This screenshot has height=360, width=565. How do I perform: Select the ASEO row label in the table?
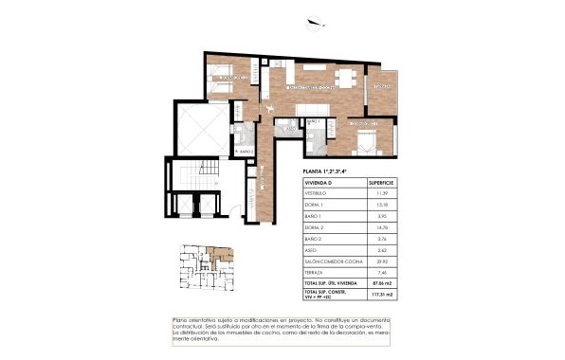point(311,250)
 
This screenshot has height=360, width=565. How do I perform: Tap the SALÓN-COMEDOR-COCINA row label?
point(331,261)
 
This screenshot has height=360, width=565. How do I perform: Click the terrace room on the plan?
point(384,90)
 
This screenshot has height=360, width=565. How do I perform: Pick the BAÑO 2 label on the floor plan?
point(246,151)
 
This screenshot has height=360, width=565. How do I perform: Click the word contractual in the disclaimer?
point(194,328)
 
